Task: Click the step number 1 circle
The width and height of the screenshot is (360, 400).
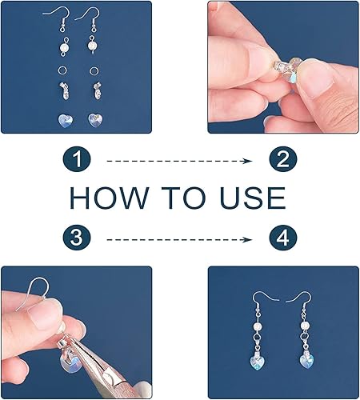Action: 77,159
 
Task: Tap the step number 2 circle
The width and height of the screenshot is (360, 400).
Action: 283,159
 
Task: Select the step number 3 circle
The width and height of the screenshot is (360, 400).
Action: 77,237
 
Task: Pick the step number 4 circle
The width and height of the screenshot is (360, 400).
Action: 283,237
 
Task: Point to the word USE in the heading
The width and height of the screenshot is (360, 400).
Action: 253,198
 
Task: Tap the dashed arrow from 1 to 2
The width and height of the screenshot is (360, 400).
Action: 179,161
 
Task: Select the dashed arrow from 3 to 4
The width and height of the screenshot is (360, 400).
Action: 179,240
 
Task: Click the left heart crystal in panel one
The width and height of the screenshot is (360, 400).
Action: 66,120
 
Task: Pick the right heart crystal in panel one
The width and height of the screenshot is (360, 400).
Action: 95,120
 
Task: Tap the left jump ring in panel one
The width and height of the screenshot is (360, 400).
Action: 62,70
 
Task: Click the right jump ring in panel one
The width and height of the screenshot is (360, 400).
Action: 94,70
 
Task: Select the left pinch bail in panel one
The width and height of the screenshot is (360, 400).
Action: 64,90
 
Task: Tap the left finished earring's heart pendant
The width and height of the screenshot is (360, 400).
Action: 257,360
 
